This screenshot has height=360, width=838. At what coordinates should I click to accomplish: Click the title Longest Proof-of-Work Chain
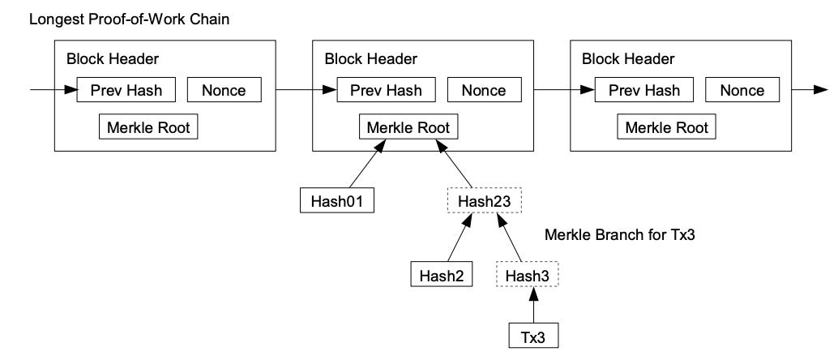coord(129,19)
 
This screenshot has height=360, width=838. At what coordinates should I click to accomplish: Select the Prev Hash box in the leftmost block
coord(126,90)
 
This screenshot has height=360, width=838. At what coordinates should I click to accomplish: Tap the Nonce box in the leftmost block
coord(224,90)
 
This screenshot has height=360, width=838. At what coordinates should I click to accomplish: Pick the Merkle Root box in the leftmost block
coord(148,127)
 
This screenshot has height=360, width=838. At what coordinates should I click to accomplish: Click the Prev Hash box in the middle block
coord(386,90)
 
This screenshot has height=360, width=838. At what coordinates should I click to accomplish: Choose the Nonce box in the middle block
coord(484,90)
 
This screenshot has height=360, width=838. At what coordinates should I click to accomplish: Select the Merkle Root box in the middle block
coord(408,127)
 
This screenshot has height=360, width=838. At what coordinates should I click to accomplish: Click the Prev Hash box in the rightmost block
coord(644,90)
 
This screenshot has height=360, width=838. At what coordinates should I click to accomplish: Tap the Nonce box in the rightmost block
coord(742,90)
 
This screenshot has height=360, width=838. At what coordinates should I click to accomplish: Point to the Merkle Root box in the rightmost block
coord(666,127)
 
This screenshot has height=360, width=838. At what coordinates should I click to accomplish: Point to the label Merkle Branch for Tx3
coord(619,235)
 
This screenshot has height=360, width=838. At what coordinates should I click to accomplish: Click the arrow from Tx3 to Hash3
coord(533,305)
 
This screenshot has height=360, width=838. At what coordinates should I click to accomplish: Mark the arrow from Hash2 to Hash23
coord(460,238)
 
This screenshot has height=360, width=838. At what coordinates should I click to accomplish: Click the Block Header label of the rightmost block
coord(628,58)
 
